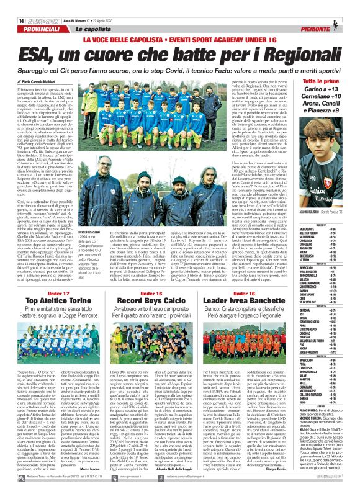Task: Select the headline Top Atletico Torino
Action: pyautogui.click(x=58, y=300)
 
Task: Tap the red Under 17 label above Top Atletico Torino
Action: pyautogui.click(x=58, y=292)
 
